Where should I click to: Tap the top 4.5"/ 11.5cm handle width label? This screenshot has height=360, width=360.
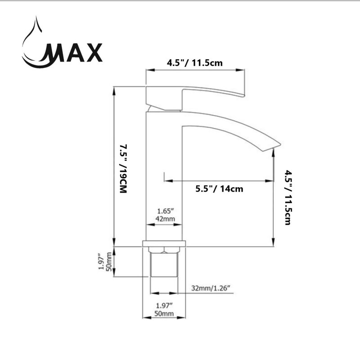point(195,63)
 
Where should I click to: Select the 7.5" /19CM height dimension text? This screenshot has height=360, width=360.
point(123,169)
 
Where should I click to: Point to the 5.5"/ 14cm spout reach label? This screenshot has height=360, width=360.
point(219,189)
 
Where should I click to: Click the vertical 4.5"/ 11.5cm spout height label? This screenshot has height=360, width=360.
point(288,198)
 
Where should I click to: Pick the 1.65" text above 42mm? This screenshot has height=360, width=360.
point(165,211)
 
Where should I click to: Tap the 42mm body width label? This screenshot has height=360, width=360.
point(165,219)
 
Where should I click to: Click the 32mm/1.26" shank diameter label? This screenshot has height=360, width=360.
point(211,288)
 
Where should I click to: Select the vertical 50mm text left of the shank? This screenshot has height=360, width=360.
point(109,261)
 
